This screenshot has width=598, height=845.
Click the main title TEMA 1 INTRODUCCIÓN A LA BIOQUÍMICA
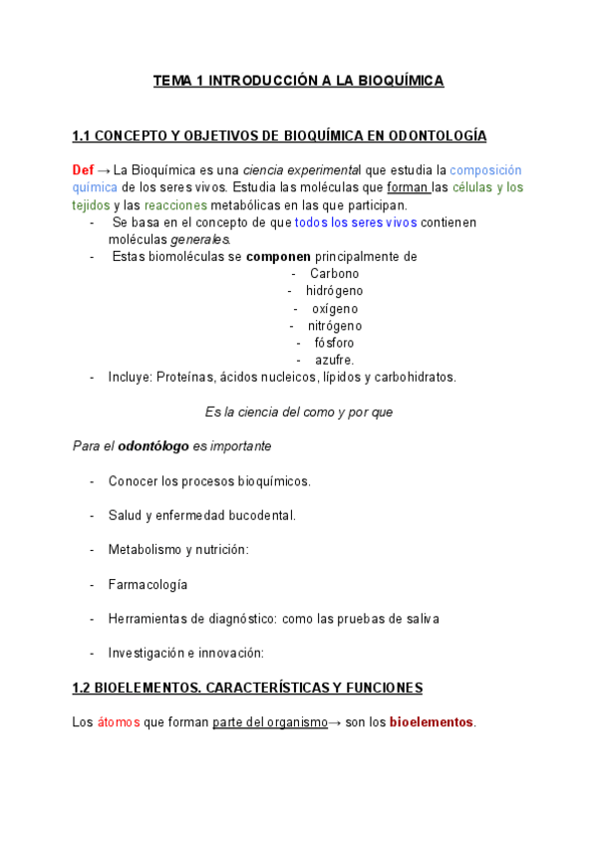point(298,81)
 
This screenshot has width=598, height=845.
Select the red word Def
point(85,170)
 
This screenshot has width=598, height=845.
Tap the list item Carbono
point(334,274)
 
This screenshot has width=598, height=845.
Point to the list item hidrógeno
point(334,291)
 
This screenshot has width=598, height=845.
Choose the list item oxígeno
point(334,309)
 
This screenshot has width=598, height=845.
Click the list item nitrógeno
point(334,326)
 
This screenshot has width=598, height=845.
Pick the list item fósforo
point(334,343)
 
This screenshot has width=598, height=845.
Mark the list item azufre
point(334,360)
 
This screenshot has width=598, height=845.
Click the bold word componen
point(278,257)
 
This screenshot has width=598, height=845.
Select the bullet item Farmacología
point(148,585)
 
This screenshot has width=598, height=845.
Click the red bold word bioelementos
point(432,722)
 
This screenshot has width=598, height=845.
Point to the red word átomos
point(119,722)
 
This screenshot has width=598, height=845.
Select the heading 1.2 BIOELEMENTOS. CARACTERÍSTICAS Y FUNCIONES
point(248,689)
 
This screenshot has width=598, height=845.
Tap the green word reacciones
point(175,205)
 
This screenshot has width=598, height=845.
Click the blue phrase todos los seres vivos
point(356,222)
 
